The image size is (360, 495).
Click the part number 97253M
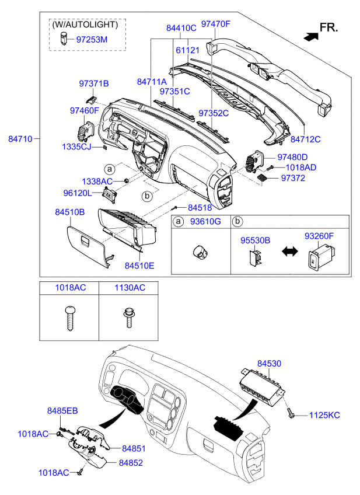(x=92, y=40)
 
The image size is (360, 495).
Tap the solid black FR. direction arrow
(x=311, y=36)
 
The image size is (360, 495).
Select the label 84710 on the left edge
(x=20, y=138)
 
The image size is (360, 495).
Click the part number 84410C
(x=181, y=28)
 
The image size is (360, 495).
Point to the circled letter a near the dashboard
(x=110, y=169)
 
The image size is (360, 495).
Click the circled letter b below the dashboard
(x=147, y=196)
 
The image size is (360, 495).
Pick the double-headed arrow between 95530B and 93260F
(x=289, y=251)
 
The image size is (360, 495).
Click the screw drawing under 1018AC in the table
(x=70, y=318)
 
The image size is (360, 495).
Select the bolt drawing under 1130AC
(x=128, y=318)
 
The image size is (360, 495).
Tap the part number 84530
(x=269, y=363)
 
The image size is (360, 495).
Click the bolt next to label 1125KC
(x=290, y=413)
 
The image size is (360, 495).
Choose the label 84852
(x=131, y=463)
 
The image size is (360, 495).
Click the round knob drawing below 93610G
(x=200, y=252)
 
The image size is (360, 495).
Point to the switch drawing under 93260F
(x=321, y=258)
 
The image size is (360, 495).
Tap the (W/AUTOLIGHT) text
(x=85, y=25)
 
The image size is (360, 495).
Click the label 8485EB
(x=62, y=411)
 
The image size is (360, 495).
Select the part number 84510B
(x=70, y=212)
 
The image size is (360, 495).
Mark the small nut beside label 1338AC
(x=126, y=180)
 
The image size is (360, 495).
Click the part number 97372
(x=293, y=178)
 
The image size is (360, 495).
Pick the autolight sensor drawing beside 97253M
(x=64, y=38)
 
